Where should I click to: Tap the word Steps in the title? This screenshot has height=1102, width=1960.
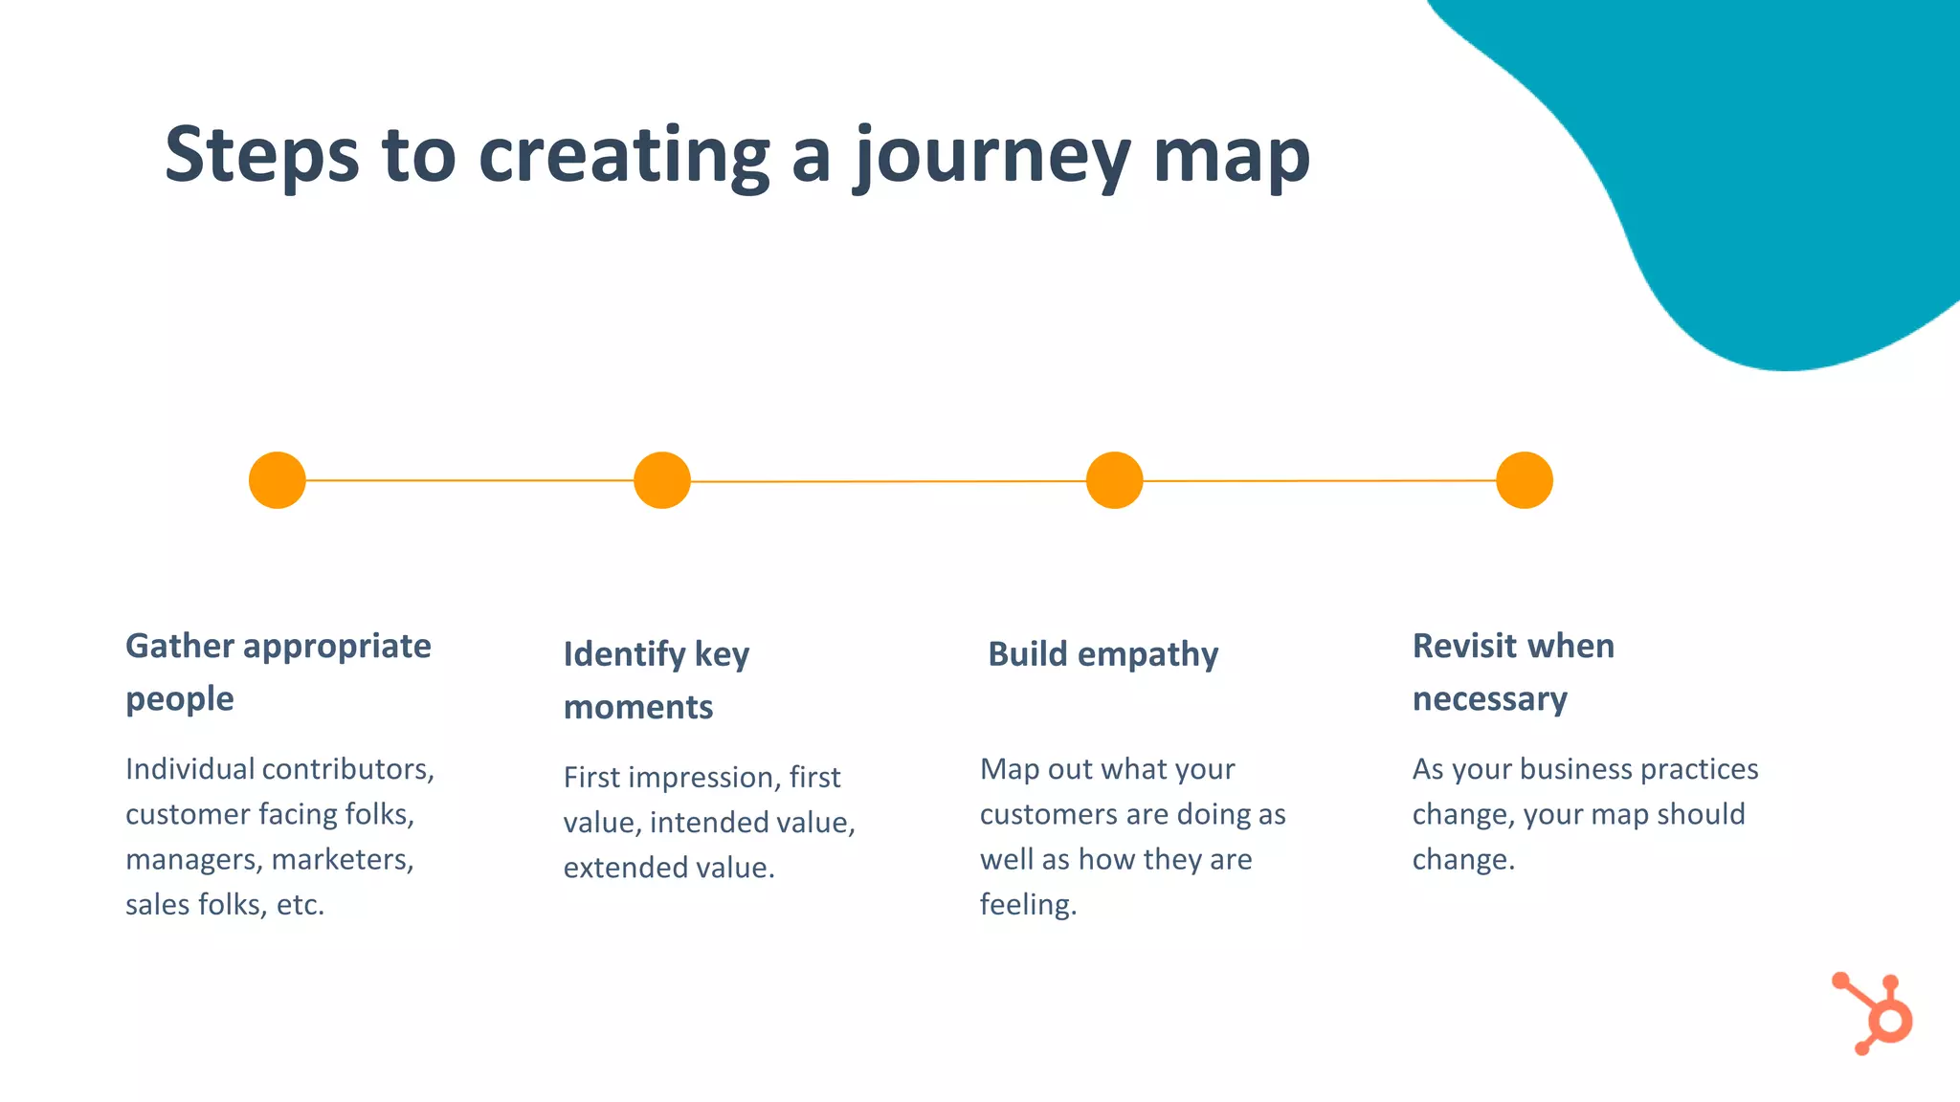click(261, 156)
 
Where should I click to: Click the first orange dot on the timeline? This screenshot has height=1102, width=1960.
click(278, 480)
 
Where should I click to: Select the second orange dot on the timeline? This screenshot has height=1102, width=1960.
click(662, 480)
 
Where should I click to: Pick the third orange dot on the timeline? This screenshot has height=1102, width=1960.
click(1114, 480)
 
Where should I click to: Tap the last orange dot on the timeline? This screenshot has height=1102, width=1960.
click(1524, 480)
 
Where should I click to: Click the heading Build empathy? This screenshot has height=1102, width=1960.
click(1102, 654)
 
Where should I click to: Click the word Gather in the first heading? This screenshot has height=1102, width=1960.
click(180, 647)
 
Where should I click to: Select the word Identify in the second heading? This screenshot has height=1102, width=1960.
click(624, 654)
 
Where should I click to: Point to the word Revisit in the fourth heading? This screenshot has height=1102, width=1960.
click(1464, 647)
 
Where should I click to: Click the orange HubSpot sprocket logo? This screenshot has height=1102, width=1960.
click(1876, 1014)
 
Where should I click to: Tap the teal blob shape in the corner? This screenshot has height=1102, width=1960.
click(1771, 172)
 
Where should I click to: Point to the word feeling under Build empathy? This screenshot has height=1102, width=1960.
click(1027, 904)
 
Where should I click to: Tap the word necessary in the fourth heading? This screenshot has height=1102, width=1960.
click(1489, 699)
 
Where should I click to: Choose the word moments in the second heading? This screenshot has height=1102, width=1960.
click(638, 708)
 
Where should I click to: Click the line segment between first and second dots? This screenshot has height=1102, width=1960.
click(469, 480)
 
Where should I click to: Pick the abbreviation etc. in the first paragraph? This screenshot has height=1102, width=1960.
click(301, 904)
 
